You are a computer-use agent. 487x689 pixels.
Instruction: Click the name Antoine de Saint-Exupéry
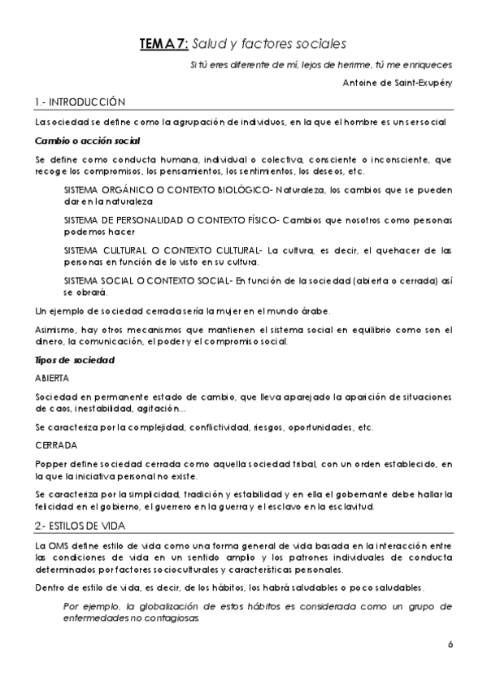[x=398, y=81]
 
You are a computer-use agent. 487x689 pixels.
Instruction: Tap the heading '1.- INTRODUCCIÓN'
[x=80, y=102]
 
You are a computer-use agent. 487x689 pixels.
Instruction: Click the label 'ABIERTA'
[x=52, y=378]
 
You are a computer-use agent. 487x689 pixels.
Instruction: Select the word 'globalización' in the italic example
[x=165, y=606]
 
